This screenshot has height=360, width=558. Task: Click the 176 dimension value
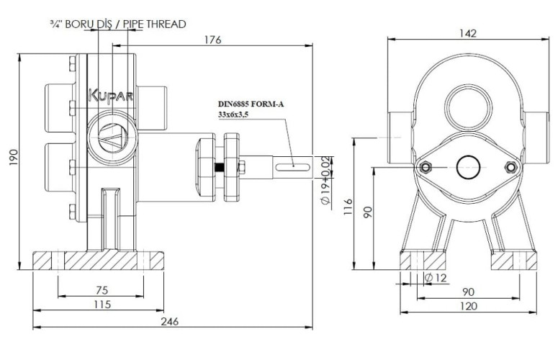pyautogui.click(x=212, y=40)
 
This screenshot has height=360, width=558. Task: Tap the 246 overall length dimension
pyautogui.click(x=171, y=321)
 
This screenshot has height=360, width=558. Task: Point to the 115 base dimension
pyautogui.click(x=102, y=305)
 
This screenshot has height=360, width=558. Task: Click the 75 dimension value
pyautogui.click(x=102, y=289)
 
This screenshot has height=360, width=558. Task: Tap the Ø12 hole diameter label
pyautogui.click(x=438, y=277)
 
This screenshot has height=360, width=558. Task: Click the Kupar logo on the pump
pyautogui.click(x=109, y=95)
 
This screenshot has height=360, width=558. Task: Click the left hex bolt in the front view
pyautogui.click(x=425, y=168)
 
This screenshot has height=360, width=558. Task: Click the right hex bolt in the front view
pyautogui.click(x=511, y=168)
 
